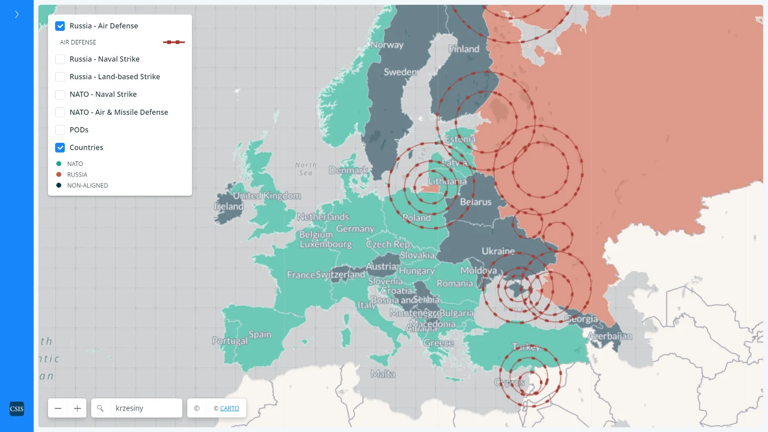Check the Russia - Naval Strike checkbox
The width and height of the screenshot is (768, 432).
pyautogui.click(x=60, y=59)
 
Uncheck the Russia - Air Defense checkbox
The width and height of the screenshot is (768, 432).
pyautogui.click(x=60, y=26)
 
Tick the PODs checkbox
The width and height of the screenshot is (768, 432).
pyautogui.click(x=60, y=130)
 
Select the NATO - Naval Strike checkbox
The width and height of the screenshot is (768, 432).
pyautogui.click(x=60, y=94)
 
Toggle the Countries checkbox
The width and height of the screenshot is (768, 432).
pyautogui.click(x=60, y=147)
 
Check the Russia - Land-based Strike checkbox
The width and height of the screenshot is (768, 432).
pyautogui.click(x=60, y=76)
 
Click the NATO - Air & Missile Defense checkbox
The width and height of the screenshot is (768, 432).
pyautogui.click(x=60, y=112)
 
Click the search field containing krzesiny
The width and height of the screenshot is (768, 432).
pyautogui.click(x=145, y=408)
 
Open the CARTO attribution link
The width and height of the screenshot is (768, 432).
pyautogui.click(x=229, y=408)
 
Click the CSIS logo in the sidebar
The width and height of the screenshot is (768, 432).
pyautogui.click(x=17, y=409)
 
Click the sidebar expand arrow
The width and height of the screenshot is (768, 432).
pyautogui.click(x=17, y=15)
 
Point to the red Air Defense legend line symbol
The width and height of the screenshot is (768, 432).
pyautogui.click(x=174, y=42)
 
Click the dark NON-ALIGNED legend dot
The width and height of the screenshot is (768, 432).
pyautogui.click(x=59, y=185)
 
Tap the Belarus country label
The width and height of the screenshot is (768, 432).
pyautogui.click(x=476, y=202)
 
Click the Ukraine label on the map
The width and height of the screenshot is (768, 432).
pyautogui.click(x=498, y=251)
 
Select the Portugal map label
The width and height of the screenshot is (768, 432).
pyautogui.click(x=229, y=341)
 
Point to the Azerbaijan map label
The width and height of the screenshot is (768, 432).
pyautogui.click(x=609, y=336)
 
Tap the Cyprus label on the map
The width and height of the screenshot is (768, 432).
pyautogui.click(x=509, y=382)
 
